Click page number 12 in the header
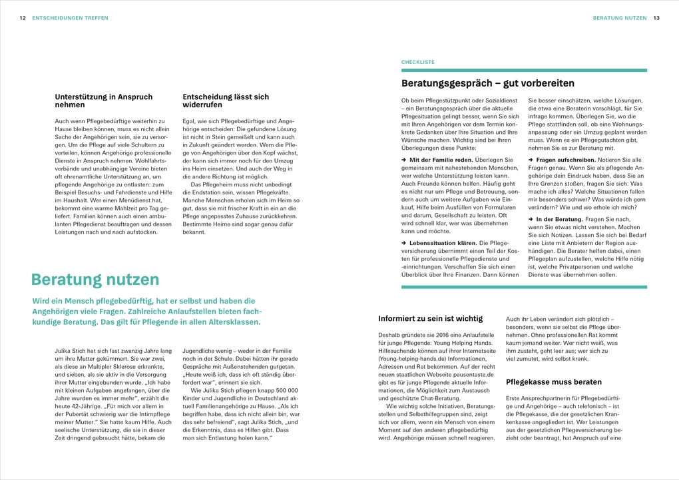point(23,18)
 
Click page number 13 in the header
point(656,18)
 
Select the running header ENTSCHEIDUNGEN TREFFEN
point(69,18)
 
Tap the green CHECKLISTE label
point(417,62)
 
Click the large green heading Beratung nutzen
point(95,279)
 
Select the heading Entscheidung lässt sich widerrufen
point(226,101)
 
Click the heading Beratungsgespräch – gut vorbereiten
point(487,83)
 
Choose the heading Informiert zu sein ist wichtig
point(430,318)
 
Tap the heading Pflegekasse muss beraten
point(554,382)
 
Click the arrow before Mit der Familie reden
point(404,160)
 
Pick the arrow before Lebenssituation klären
point(404,244)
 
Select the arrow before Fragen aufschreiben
point(531,160)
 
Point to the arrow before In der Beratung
point(531,219)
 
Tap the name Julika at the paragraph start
point(65,350)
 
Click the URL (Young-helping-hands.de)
point(413,358)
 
